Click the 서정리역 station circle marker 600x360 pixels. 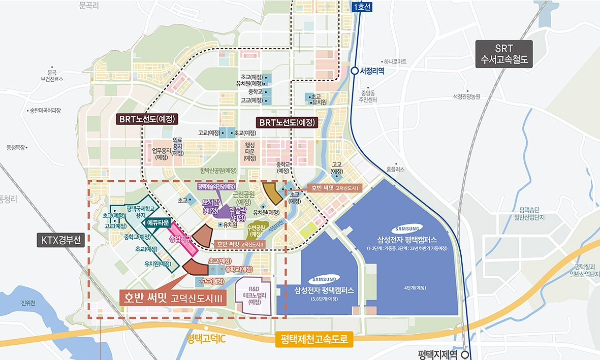pos(354,71)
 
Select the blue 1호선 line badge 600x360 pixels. pos(362,7)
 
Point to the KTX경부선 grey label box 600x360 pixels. pos(59,240)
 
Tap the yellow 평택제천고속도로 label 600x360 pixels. pos(314,340)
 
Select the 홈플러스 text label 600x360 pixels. pos(395,170)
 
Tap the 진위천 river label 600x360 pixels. pos(28,303)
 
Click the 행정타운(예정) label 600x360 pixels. pos(250,151)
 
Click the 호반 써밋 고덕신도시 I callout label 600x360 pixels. pos(335,188)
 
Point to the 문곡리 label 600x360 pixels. pos(89,6)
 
